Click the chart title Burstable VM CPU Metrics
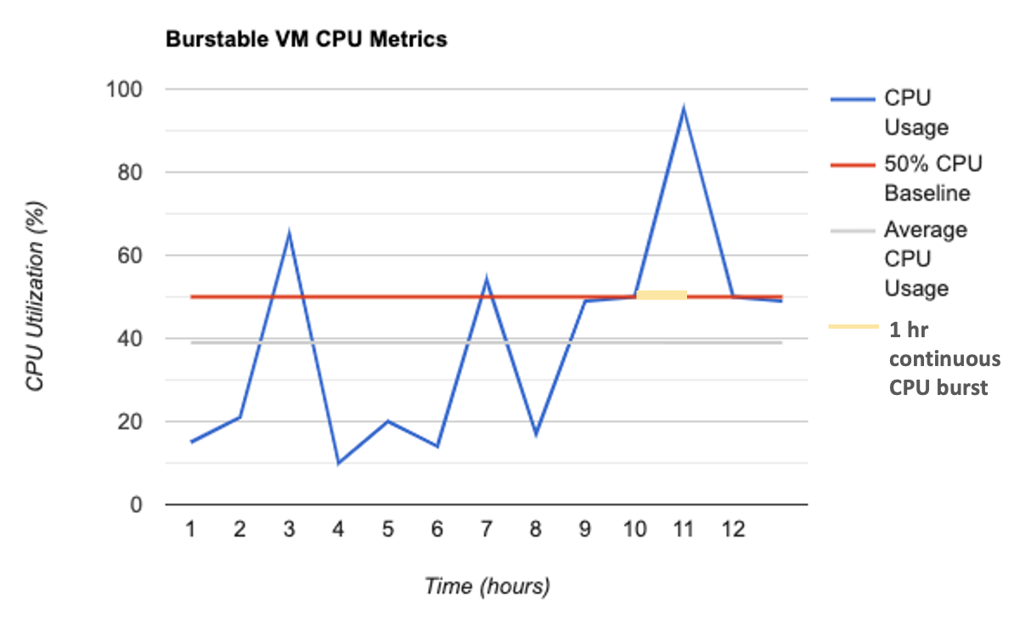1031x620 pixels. pyautogui.click(x=306, y=39)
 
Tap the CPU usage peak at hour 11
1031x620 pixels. pyautogui.click(x=683, y=109)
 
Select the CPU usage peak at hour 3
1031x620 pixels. pyautogui.click(x=290, y=233)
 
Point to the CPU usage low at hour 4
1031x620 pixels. pyautogui.click(x=338, y=463)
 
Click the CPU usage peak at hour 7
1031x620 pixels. pyautogui.click(x=486, y=279)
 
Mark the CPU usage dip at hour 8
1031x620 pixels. pyautogui.click(x=536, y=434)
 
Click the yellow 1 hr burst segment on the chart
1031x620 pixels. pyautogui.click(x=662, y=295)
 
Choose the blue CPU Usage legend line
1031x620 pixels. pyautogui.click(x=852, y=99)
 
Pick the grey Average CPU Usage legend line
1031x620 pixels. pyautogui.click(x=852, y=230)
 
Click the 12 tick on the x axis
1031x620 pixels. pyautogui.click(x=733, y=530)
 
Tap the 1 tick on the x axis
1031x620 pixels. pyautogui.click(x=190, y=530)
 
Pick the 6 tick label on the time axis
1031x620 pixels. pyautogui.click(x=437, y=530)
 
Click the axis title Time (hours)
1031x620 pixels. pyautogui.click(x=487, y=586)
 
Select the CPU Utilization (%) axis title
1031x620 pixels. pyautogui.click(x=35, y=296)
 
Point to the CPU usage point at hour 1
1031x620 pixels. pyautogui.click(x=191, y=442)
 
